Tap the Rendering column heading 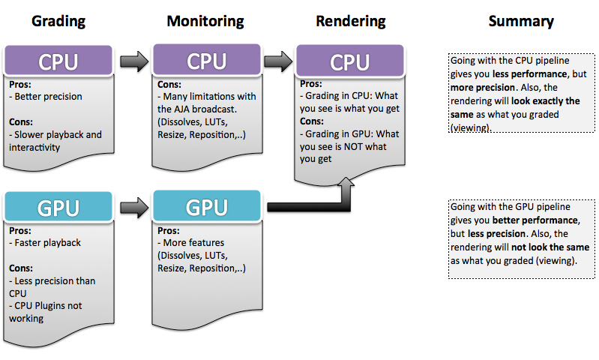coord(350,22)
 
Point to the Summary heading coord(521,22)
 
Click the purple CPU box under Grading coord(58,61)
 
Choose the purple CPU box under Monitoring coord(206,61)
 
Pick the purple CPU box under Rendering coord(350,61)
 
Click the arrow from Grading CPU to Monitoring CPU coord(133,61)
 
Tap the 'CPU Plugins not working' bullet coord(49,311)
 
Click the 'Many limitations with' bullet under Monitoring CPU coord(206,96)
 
